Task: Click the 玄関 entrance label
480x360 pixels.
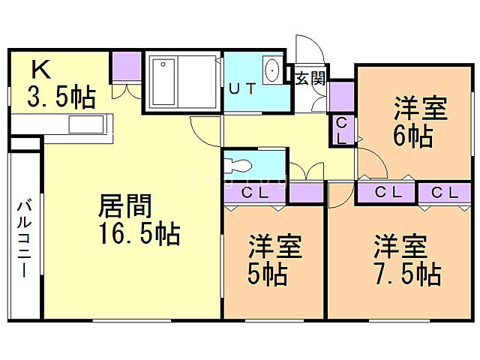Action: [x=309, y=78]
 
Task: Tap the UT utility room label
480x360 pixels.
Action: [x=242, y=88]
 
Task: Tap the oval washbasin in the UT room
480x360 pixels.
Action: [x=272, y=72]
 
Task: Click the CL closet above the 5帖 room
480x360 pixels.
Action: [x=256, y=193]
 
